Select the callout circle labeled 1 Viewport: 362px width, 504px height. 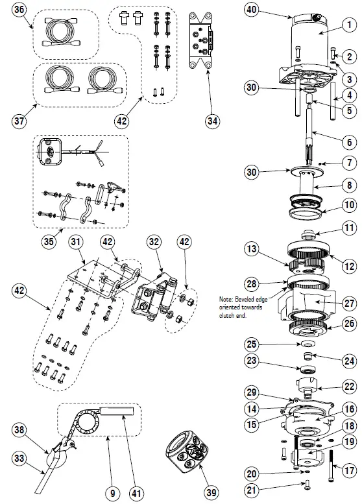click(349, 25)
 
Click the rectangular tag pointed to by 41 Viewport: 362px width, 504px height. click(117, 411)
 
